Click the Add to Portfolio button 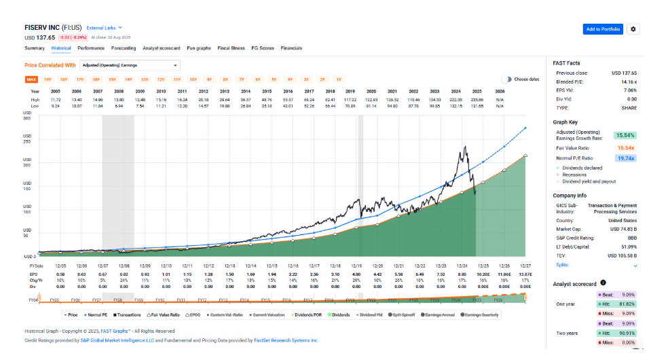point(602,29)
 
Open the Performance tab point(91,48)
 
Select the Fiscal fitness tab point(231,48)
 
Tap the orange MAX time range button point(31,79)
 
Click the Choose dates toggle point(506,79)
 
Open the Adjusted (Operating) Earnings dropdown point(129,65)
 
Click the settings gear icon point(633,29)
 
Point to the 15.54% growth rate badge point(625,135)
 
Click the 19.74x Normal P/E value point(625,158)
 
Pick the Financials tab point(291,48)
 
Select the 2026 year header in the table point(500,91)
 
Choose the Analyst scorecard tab point(161,48)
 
